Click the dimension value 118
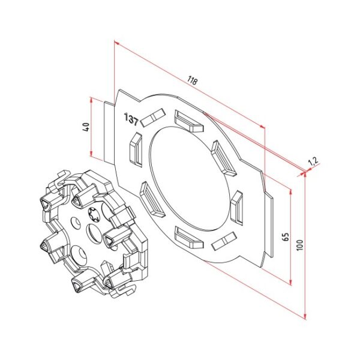[191, 80]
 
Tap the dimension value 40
[85, 127]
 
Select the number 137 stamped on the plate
[131, 119]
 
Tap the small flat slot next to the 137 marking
[154, 118]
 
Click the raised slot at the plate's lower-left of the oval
[148, 199]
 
